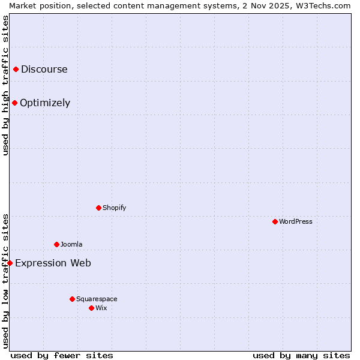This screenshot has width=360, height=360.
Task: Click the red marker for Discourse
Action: (x=16, y=70)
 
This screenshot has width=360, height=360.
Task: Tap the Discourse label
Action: (x=44, y=69)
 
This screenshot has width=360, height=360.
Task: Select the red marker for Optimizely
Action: (x=15, y=103)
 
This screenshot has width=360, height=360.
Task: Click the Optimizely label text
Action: (x=45, y=103)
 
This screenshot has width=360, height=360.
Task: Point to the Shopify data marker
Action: (x=99, y=208)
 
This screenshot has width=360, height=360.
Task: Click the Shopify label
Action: (x=114, y=208)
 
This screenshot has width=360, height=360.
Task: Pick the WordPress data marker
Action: (x=275, y=222)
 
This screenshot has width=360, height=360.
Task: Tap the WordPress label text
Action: (x=296, y=222)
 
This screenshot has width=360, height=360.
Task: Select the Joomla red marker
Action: (x=57, y=245)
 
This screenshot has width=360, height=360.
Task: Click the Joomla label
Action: (x=71, y=245)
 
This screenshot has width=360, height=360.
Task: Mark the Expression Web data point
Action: (x=10, y=263)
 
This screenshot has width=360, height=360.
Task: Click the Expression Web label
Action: (x=53, y=263)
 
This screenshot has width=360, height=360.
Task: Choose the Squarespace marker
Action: (x=73, y=299)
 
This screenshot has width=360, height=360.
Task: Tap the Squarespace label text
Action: (x=97, y=299)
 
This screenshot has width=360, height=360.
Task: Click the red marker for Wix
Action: (x=92, y=308)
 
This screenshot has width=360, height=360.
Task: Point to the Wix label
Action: (x=101, y=308)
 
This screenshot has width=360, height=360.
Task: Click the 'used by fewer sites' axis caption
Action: (x=62, y=356)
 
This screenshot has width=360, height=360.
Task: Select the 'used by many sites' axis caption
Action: (x=301, y=356)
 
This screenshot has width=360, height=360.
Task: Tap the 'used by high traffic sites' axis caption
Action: (x=5, y=85)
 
